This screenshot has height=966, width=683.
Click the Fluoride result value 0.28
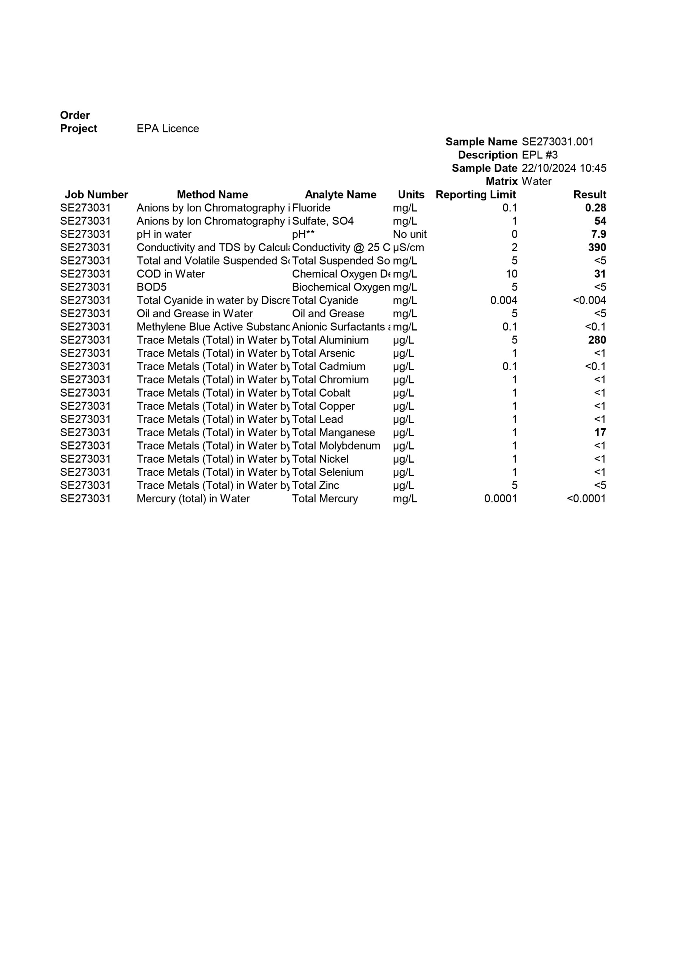(595, 208)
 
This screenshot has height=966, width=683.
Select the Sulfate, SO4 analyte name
(322, 221)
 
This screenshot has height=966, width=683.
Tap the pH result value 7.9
(598, 234)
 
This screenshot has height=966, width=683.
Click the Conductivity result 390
(597, 248)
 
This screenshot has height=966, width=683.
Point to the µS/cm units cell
(408, 248)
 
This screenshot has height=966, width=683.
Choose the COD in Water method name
(171, 274)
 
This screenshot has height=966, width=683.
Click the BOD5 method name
(152, 287)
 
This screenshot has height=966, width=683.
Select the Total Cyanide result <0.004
(589, 300)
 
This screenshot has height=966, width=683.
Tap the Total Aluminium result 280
(597, 340)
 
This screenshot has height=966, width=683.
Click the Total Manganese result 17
(600, 432)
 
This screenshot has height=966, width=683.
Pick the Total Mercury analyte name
(325, 498)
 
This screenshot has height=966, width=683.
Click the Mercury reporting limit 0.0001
(500, 498)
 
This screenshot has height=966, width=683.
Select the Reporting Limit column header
(475, 194)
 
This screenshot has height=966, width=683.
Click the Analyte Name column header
(340, 194)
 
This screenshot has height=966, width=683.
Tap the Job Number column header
(96, 194)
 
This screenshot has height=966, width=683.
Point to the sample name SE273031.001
(557, 142)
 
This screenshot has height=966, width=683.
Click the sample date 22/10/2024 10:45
(563, 168)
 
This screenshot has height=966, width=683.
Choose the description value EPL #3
(540, 155)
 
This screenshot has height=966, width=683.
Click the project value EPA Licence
(168, 128)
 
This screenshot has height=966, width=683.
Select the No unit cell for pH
(409, 234)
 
